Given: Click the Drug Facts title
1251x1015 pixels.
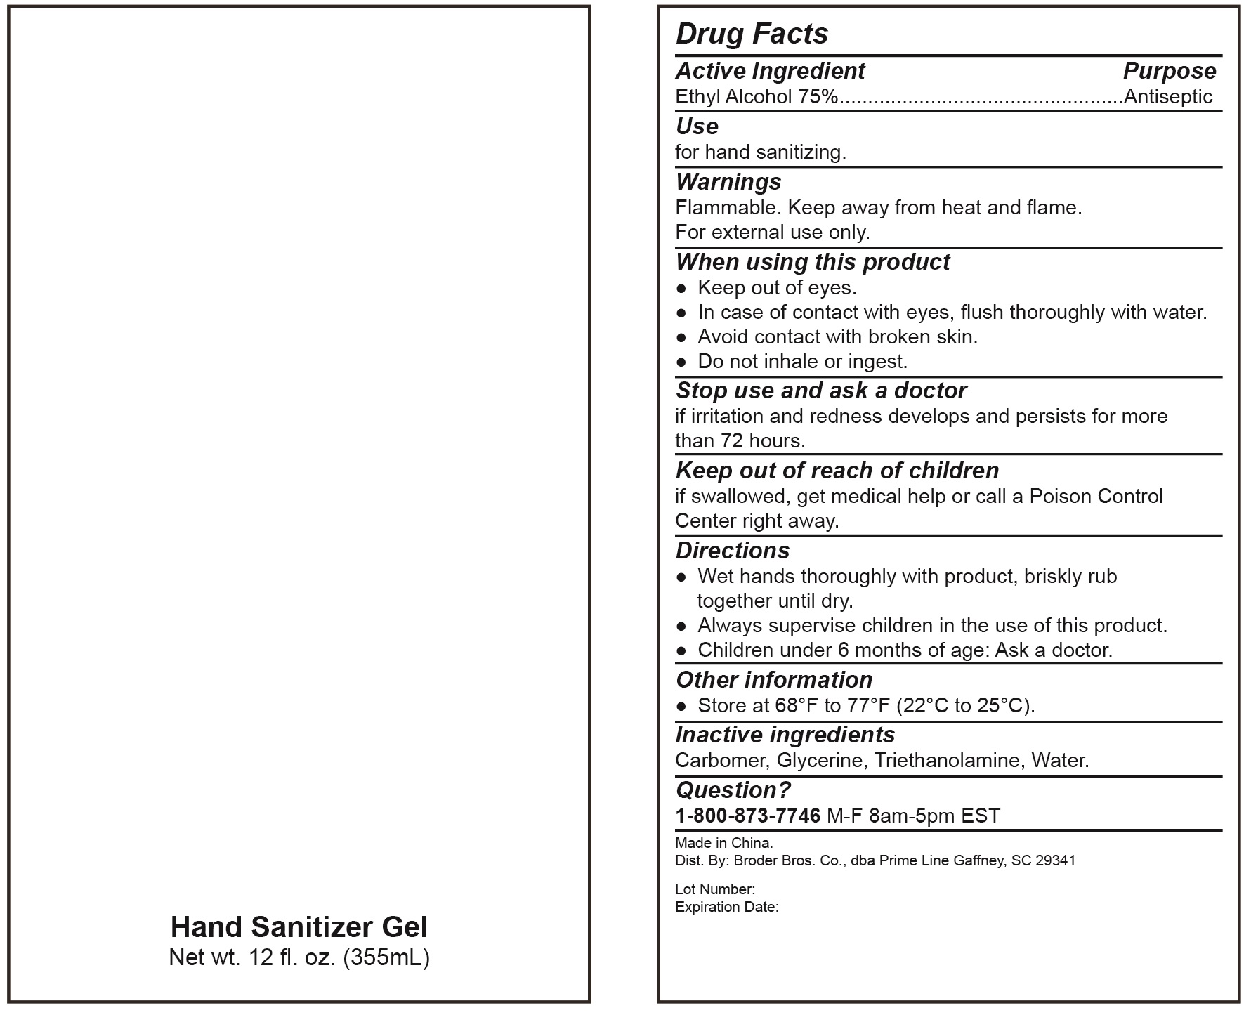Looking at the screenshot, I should point(752,34).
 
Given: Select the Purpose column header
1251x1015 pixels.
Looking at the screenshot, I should point(1170,71).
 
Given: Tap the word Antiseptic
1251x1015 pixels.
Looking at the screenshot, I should point(1168,96).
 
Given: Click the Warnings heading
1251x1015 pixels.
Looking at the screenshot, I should point(728,182).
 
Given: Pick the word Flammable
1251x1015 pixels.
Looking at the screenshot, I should point(728,208).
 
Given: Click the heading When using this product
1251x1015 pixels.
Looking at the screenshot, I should point(813,262).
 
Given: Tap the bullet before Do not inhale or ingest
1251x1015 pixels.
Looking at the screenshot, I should point(681,362).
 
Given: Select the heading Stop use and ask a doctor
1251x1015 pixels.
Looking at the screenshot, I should point(821,391).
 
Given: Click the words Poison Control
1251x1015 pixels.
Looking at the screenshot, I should point(1096,497).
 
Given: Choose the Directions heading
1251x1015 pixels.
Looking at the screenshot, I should point(733,551).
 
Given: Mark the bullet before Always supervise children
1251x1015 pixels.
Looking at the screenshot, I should point(681,626).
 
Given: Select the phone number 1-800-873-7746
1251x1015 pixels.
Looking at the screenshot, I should point(747,816).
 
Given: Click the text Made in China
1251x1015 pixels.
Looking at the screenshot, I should point(723,843).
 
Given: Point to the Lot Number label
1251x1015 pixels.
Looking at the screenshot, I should point(715,889).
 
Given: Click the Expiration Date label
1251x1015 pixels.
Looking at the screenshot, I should point(726,907).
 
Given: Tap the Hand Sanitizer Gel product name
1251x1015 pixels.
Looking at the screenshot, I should point(299,927).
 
